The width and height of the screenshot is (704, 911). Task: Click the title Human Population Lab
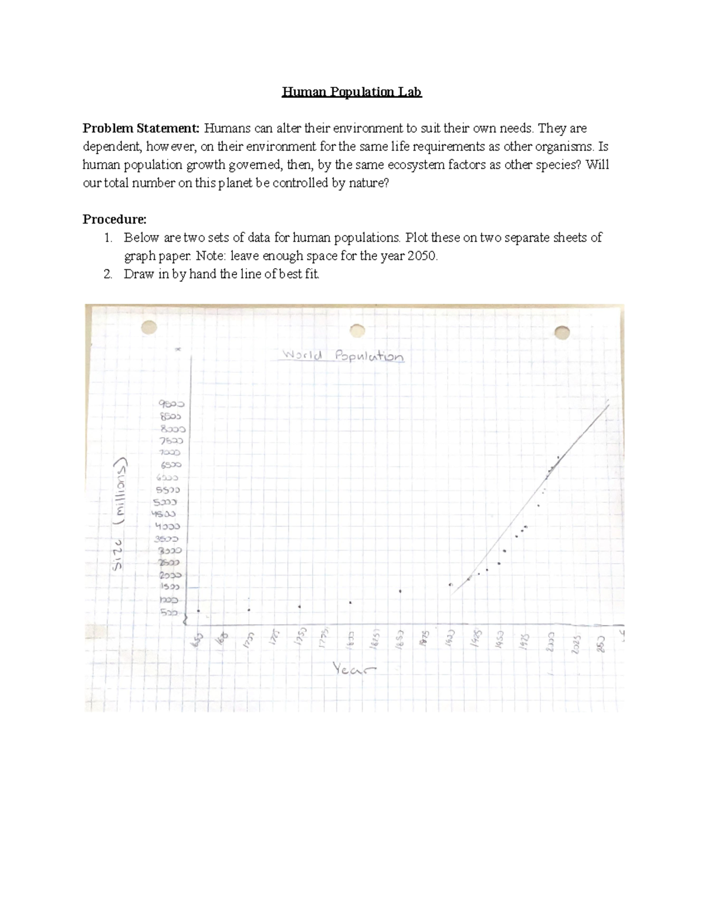351,92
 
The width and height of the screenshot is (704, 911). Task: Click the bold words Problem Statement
141,128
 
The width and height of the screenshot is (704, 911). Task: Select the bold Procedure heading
114,219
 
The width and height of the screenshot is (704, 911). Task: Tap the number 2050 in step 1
422,256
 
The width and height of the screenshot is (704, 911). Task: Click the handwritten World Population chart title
343,355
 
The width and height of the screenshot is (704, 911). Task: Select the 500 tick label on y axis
168,612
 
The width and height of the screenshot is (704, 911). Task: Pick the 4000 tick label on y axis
168,526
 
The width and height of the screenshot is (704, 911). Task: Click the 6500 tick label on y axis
171,465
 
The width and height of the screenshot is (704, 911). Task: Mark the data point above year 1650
198,611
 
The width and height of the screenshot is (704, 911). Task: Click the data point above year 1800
350,602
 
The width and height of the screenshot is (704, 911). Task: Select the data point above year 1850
400,591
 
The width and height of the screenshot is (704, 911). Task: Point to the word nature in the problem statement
367,184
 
